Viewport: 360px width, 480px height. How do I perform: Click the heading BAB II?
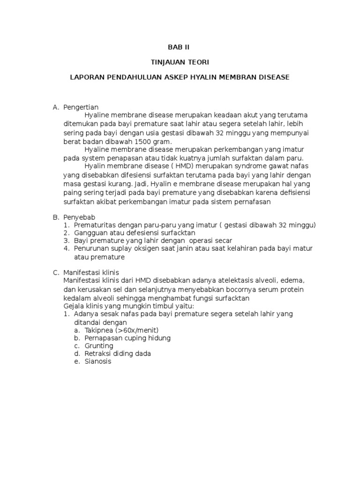[x=180, y=47]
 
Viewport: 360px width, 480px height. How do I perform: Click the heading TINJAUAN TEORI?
[x=180, y=62]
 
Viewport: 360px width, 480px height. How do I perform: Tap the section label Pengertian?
[x=81, y=107]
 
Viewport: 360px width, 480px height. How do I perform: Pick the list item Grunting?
[x=99, y=345]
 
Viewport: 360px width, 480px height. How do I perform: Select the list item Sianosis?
[x=98, y=361]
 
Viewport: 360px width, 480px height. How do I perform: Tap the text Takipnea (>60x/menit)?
[x=121, y=330]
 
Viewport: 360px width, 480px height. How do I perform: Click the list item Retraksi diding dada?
[x=118, y=353]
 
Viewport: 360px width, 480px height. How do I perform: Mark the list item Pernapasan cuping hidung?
[x=127, y=337]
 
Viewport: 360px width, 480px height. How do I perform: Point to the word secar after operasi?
[x=222, y=240]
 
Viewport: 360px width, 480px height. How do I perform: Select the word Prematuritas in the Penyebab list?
[x=95, y=225]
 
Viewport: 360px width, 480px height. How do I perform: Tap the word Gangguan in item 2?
[x=90, y=233]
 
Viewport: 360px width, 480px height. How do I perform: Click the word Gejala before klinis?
[x=74, y=306]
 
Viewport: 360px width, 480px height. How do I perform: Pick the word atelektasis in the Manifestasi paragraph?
[x=217, y=280]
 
